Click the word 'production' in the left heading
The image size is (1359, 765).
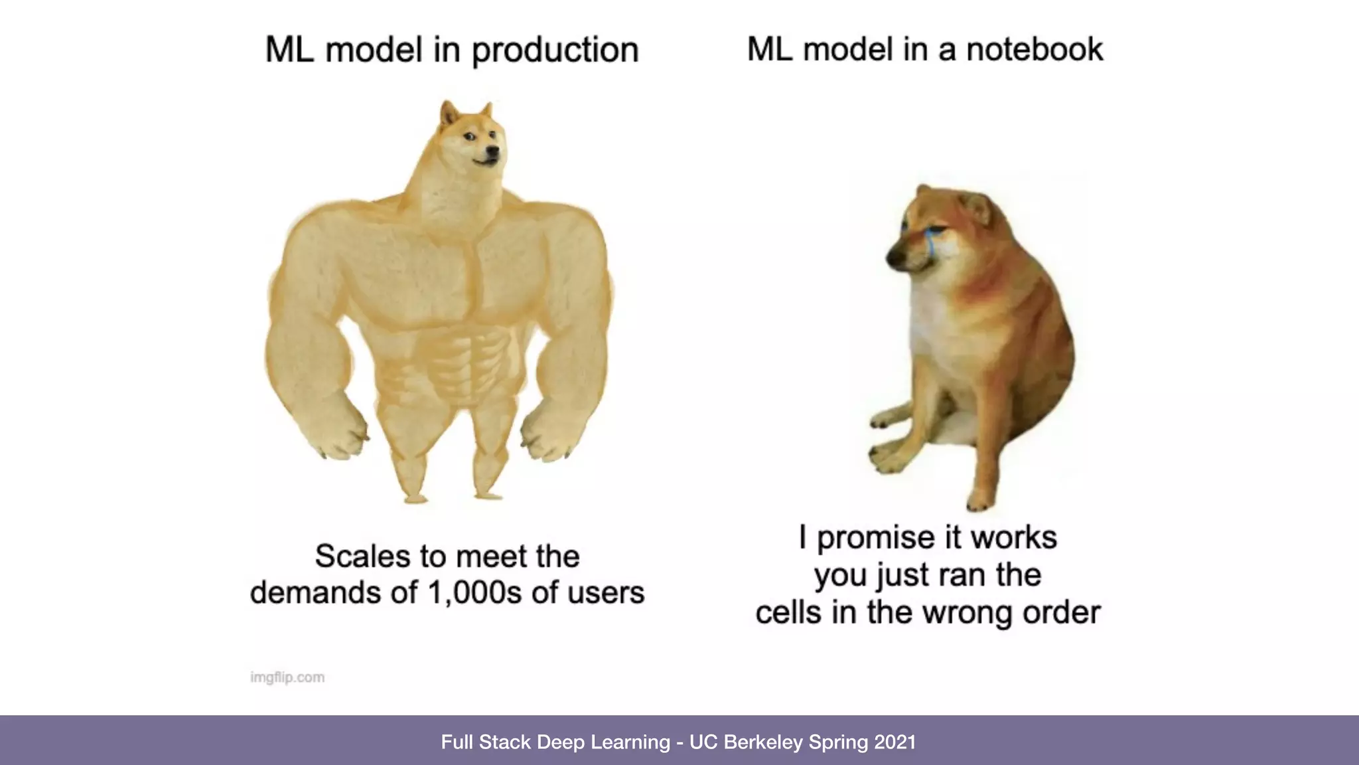(555, 50)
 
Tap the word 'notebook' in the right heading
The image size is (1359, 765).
(1034, 49)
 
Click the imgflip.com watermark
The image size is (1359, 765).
(287, 677)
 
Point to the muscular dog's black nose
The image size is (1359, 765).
(492, 151)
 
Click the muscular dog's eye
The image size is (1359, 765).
(470, 137)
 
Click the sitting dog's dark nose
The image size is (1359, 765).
(892, 258)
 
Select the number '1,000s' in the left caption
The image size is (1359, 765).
(475, 593)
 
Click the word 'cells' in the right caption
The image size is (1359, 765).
(788, 613)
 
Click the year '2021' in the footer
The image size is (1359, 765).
(895, 742)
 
